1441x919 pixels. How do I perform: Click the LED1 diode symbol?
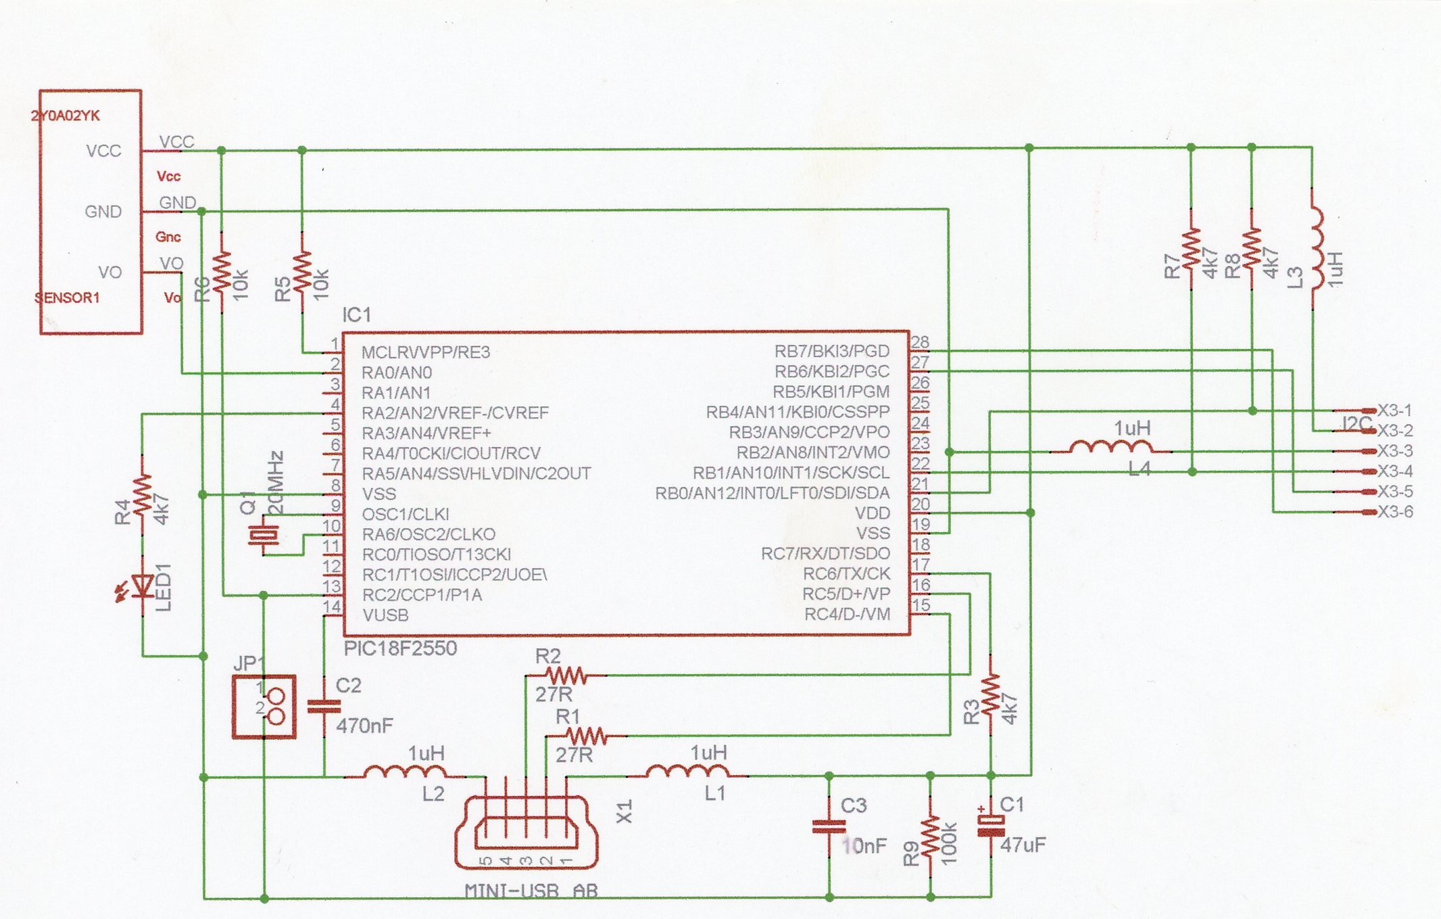[x=143, y=585]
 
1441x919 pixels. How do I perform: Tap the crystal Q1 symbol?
[x=263, y=536]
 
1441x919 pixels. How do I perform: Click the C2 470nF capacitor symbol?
[x=324, y=706]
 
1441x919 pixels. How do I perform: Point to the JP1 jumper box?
[x=264, y=707]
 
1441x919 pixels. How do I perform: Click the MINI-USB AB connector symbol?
[x=527, y=832]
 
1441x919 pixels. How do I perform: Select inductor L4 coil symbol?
[x=1112, y=448]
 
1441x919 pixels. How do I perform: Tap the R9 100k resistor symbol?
[x=931, y=836]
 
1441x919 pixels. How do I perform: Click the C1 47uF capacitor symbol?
[x=991, y=826]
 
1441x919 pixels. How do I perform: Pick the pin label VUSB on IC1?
[x=385, y=615]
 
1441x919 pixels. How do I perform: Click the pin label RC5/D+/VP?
[x=846, y=594]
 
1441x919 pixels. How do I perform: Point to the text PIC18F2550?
[x=400, y=649]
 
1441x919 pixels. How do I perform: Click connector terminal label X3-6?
[x=1395, y=512]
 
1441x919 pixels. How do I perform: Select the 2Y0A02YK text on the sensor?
[x=66, y=116]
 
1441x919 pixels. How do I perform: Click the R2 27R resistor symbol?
[x=566, y=675]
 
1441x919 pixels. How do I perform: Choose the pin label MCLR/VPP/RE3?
[x=425, y=352]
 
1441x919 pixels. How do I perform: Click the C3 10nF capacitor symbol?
[x=829, y=826]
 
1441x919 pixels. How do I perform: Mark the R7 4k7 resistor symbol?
[x=1191, y=249]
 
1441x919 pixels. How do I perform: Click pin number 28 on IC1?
[x=920, y=342]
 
